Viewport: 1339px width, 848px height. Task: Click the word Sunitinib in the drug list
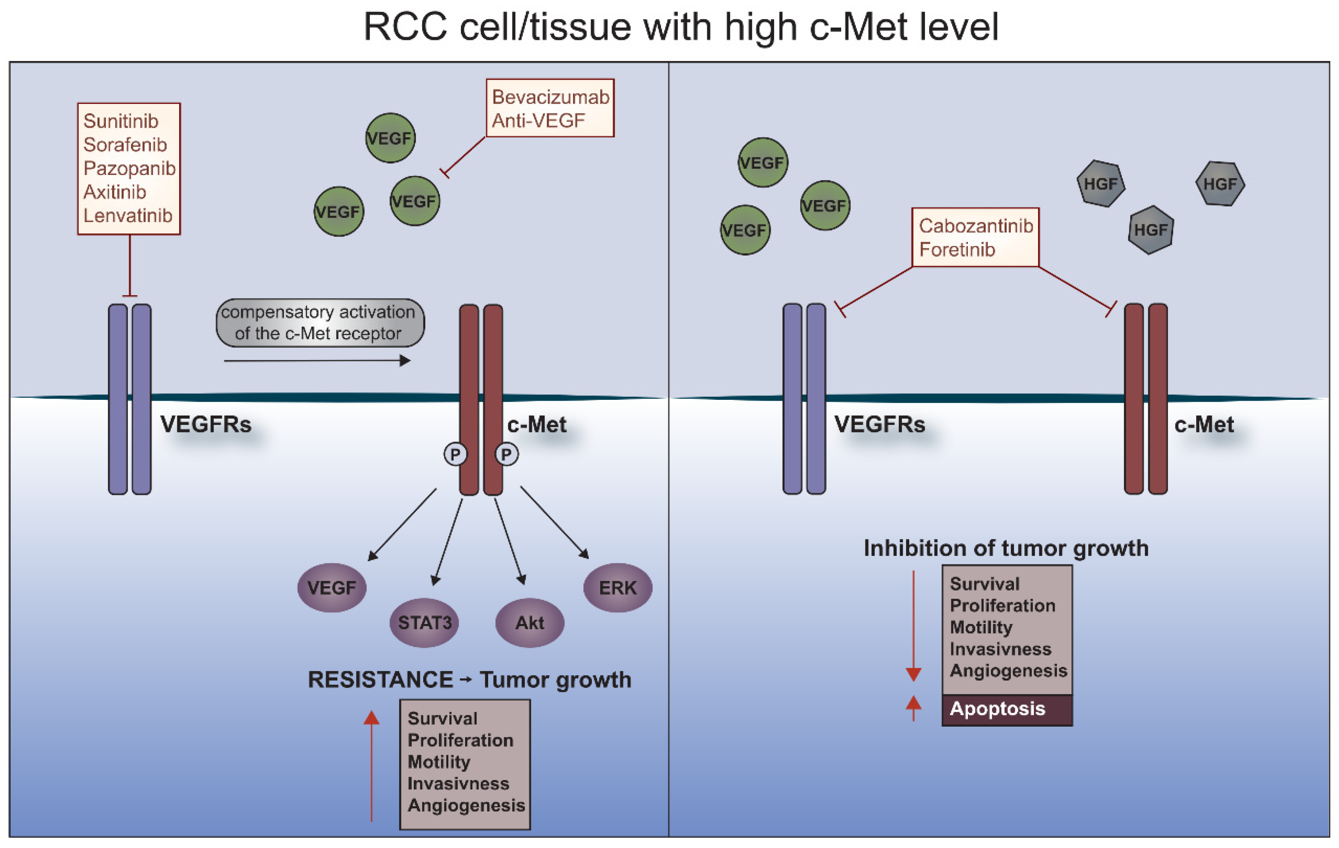(121, 121)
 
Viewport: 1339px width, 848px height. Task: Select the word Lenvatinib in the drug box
(128, 216)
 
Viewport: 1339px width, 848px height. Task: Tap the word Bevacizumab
(550, 97)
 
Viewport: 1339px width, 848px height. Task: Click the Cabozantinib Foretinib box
(975, 238)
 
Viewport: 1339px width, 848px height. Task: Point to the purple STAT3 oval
(424, 623)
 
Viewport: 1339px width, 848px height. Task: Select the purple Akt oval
(529, 623)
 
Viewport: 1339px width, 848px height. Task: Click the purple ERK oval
(617, 588)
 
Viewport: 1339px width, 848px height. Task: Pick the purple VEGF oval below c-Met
(332, 588)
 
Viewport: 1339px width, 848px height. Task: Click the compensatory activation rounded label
(320, 323)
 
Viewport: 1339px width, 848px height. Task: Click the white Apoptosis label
(997, 709)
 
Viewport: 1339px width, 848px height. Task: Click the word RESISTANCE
(380, 680)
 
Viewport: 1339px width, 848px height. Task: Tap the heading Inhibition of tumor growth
(1005, 549)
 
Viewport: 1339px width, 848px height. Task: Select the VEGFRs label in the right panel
(879, 425)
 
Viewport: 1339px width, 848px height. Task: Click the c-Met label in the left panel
(537, 425)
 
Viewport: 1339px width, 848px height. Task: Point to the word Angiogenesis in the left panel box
(466, 806)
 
